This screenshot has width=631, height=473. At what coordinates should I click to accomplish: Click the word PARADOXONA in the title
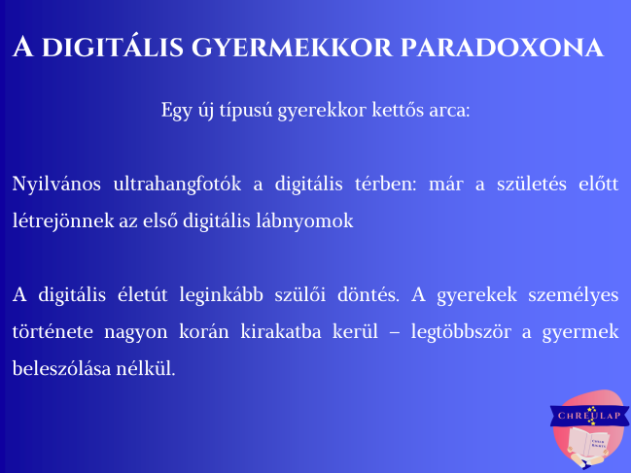click(502, 48)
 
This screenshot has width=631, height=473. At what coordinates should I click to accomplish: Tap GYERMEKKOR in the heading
click(292, 48)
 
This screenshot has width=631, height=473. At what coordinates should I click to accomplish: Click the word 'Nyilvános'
click(56, 185)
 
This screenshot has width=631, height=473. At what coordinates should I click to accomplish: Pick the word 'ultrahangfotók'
click(177, 185)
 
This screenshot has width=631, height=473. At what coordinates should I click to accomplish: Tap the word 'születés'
click(532, 184)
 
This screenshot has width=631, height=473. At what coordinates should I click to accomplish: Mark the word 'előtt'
click(598, 184)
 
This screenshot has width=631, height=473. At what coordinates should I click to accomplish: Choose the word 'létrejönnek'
click(63, 221)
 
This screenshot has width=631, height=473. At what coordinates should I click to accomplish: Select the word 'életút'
click(143, 294)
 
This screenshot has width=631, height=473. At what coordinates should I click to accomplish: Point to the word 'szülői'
click(299, 294)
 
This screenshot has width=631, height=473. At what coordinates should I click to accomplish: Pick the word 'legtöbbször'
click(461, 333)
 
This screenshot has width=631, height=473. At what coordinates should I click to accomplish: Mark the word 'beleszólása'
click(61, 368)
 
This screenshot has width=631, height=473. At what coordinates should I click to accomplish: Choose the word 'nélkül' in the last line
click(146, 368)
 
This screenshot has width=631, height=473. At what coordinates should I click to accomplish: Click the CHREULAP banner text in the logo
click(589, 416)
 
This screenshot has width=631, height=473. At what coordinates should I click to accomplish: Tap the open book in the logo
click(589, 443)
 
